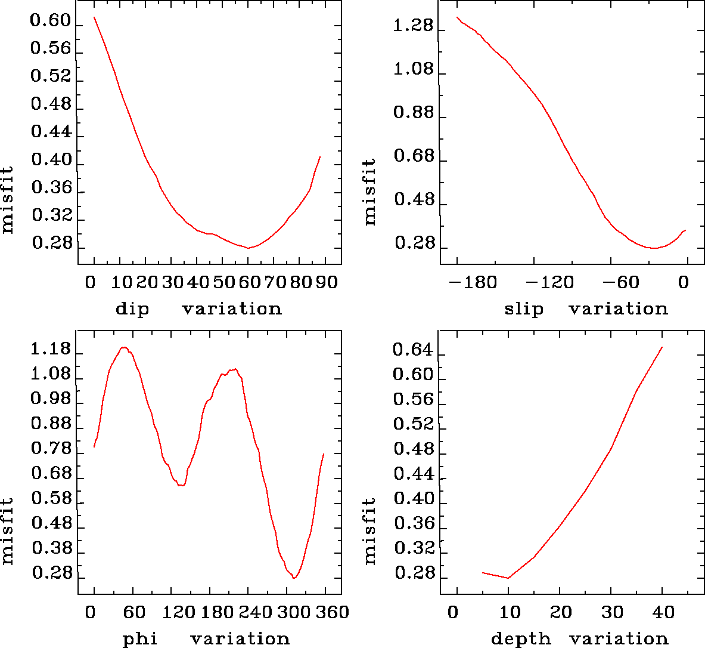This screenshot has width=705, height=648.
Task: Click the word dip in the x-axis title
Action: [x=132, y=309]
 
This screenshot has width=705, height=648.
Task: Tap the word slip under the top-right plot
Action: [x=524, y=309]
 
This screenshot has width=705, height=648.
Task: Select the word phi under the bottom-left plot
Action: [x=140, y=639]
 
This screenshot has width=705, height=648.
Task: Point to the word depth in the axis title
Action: [x=521, y=639]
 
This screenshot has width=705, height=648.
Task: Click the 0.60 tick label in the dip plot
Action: [x=51, y=21]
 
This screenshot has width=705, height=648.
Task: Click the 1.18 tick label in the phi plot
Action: [x=51, y=349]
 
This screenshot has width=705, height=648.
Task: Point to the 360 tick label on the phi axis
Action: [x=330, y=612]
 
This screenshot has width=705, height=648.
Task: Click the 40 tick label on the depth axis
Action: [x=662, y=612]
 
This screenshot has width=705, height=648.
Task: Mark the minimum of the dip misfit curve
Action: [x=248, y=248]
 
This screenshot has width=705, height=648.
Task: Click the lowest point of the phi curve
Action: [x=294, y=578]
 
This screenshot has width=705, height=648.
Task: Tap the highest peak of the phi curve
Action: [x=124, y=347]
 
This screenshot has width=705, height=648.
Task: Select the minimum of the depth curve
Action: [x=508, y=578]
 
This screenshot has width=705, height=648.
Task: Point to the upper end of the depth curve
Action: [x=662, y=347]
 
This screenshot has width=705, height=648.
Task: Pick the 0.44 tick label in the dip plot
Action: [x=51, y=132]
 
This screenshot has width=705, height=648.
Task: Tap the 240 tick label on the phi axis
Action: [x=253, y=612]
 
